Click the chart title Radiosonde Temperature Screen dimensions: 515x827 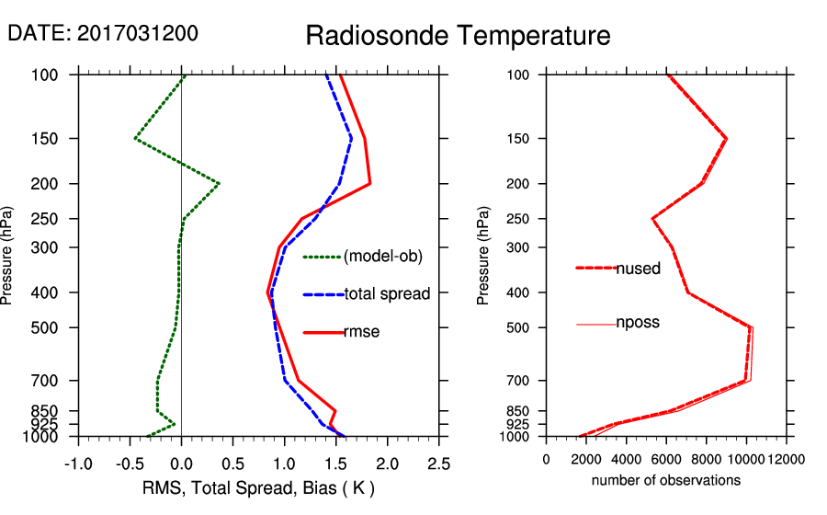coord(458,36)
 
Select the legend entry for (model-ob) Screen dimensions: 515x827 coord(382,257)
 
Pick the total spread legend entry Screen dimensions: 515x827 coord(387,294)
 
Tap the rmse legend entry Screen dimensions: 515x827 coord(361,332)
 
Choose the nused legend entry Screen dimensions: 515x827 coord(637,269)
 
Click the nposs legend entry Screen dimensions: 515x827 coord(637,323)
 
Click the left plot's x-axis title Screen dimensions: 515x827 coord(259,487)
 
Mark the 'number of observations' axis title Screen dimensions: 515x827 coord(665,480)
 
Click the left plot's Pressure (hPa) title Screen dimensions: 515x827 coord(7,257)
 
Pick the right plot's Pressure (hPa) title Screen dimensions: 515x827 coord(483,257)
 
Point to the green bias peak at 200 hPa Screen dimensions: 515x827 coord(218,184)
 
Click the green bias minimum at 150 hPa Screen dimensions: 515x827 coord(135,139)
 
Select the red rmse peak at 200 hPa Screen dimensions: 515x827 coord(369,184)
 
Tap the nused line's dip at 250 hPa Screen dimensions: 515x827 coord(652,219)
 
